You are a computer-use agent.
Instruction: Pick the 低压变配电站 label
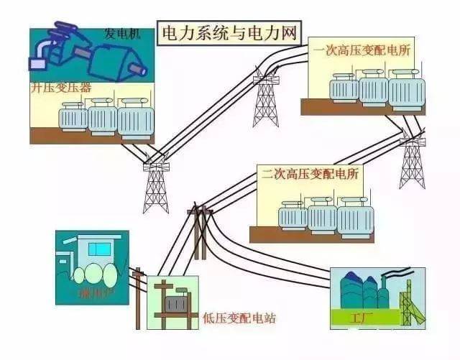239,317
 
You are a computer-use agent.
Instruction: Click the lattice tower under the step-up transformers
155,184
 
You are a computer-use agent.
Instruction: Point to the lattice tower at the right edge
413,161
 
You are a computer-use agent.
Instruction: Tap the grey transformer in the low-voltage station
173,305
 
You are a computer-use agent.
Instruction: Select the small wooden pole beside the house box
139,295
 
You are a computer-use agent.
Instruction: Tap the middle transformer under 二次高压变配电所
322,214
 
